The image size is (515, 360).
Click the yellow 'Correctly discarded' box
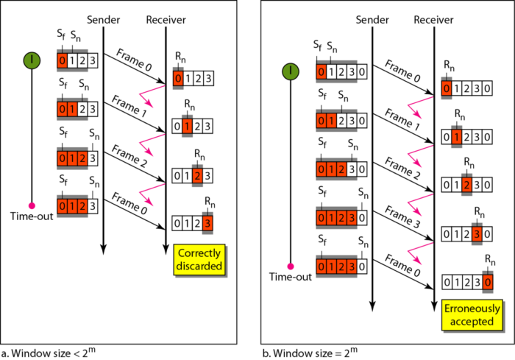point(199,259)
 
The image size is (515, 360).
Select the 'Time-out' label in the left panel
point(31,216)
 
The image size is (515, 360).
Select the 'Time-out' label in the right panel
point(291,276)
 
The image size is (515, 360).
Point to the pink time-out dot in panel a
point(32,205)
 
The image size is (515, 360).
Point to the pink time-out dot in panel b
point(292,265)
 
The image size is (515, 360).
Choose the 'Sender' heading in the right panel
point(372,17)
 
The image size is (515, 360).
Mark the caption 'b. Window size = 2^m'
point(307,350)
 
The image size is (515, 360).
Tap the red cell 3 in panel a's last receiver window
point(210,222)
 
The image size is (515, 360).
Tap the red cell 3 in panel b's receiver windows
point(478,236)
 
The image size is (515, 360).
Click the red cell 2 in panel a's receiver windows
point(198,175)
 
